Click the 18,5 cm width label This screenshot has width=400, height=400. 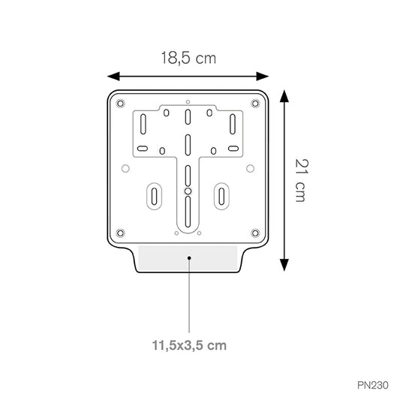pos(188,58)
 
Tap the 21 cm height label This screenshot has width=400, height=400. pos(302,180)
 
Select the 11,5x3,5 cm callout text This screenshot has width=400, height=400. pos(189,345)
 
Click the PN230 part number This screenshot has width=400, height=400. pos(373,385)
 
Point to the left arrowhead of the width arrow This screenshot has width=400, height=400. pos(113,77)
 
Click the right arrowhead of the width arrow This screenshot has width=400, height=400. pos(263,77)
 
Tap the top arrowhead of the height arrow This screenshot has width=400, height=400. pos(284,96)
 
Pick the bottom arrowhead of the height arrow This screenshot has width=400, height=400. pos(284,265)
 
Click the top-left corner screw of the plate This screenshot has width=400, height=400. pos(120,104)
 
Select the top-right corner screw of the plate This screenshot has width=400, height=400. pos(255,104)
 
